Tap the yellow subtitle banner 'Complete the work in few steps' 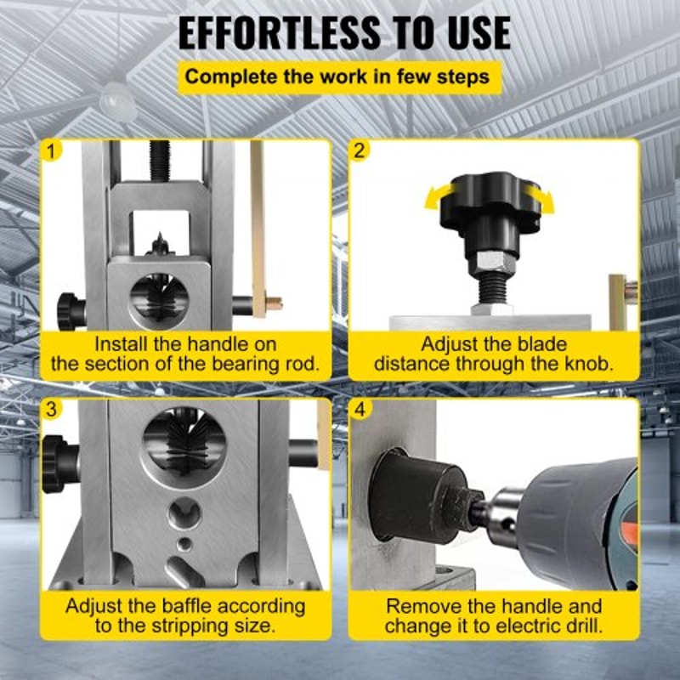click(x=337, y=76)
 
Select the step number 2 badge click(x=360, y=151)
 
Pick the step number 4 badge click(x=360, y=410)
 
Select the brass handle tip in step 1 click(x=272, y=303)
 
